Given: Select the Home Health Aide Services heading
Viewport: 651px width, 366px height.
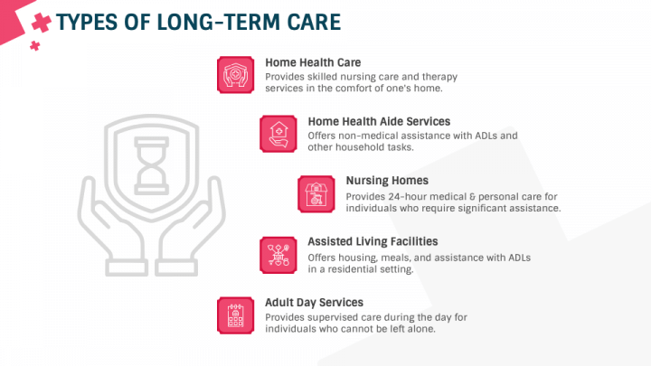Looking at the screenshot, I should (x=379, y=121).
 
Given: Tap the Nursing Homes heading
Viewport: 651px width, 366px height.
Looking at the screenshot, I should (x=387, y=180).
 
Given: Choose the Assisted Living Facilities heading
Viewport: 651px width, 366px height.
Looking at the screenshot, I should (x=373, y=241).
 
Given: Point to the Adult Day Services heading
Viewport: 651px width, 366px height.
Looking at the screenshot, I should (x=314, y=302).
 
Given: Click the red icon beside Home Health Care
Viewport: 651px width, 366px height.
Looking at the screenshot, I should (x=235, y=74).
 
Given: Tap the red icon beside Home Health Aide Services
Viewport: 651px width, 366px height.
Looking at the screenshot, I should (x=278, y=133).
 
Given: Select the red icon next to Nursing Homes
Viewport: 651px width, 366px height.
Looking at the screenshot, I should (x=316, y=193).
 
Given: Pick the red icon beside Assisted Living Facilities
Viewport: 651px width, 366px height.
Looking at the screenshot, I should (x=278, y=254).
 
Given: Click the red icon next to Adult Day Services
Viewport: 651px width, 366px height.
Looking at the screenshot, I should (x=235, y=314).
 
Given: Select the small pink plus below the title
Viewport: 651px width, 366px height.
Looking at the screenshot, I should (x=34, y=45).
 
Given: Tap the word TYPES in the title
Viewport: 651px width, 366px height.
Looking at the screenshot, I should (x=89, y=22).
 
